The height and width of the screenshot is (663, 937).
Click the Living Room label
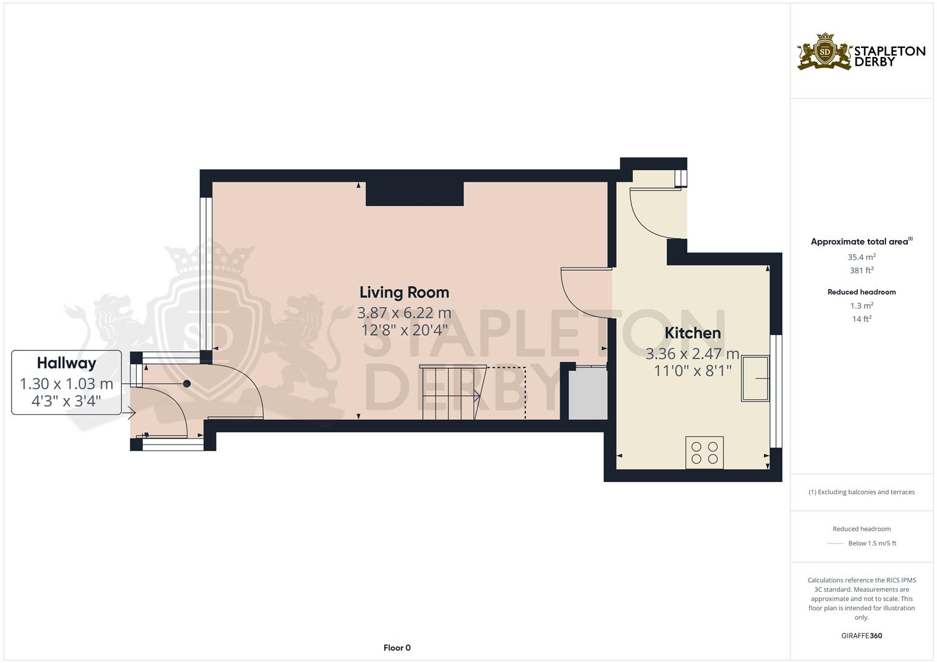404,292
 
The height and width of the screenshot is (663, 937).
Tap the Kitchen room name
692,333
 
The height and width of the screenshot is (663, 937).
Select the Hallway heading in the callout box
66,363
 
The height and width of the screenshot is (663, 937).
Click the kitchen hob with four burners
704,453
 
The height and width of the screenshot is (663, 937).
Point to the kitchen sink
755,379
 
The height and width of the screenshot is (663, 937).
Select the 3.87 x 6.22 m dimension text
404,313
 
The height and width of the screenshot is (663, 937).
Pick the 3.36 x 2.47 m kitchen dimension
692,354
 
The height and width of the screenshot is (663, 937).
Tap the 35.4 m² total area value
861,257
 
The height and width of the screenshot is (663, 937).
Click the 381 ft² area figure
861,270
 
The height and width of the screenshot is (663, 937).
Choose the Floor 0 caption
396,648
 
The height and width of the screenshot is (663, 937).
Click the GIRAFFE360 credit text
861,635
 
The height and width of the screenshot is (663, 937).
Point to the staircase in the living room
451,393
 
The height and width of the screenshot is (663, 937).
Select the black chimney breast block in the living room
414,193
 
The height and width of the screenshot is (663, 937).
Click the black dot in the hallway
187,384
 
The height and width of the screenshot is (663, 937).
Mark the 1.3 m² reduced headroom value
861,306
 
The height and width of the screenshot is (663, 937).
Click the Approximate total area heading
861,242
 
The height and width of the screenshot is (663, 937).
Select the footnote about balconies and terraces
861,492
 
